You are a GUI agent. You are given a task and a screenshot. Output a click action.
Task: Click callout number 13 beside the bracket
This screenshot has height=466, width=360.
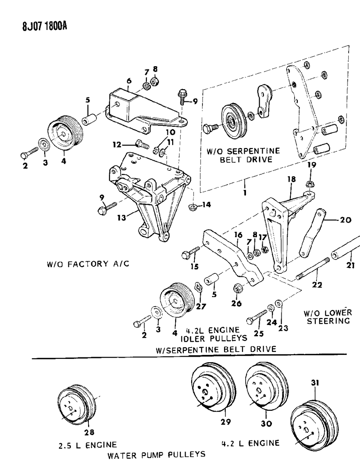(121, 218)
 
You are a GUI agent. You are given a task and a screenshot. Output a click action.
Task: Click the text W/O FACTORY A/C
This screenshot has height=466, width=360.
(88, 264)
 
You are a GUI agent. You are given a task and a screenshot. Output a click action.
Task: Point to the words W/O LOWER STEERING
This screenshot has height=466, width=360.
(328, 317)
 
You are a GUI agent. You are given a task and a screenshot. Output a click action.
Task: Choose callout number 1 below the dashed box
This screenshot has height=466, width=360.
(245, 192)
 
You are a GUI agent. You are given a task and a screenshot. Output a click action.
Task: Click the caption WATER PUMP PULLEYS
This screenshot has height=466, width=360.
(156, 455)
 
